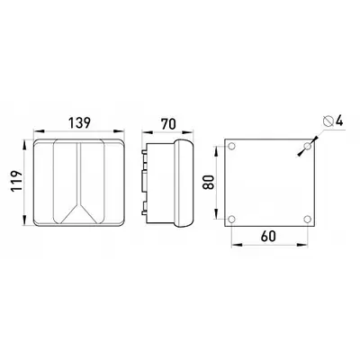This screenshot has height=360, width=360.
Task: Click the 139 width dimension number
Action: click(x=79, y=123)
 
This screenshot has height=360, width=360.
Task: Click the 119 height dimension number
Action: click(x=16, y=182)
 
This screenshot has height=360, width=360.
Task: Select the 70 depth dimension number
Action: click(x=168, y=124)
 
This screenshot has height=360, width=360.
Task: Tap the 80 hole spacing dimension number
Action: click(x=209, y=182)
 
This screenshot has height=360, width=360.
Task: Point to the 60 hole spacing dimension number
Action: click(x=268, y=236)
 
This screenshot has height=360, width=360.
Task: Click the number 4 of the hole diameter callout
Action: click(x=339, y=121)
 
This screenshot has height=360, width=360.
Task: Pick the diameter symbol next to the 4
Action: click(x=328, y=121)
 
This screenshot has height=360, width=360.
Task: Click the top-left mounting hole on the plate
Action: click(x=231, y=147)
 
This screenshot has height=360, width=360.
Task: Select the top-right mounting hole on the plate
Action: click(x=307, y=147)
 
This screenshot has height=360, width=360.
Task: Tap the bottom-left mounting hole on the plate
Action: click(x=231, y=220)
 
